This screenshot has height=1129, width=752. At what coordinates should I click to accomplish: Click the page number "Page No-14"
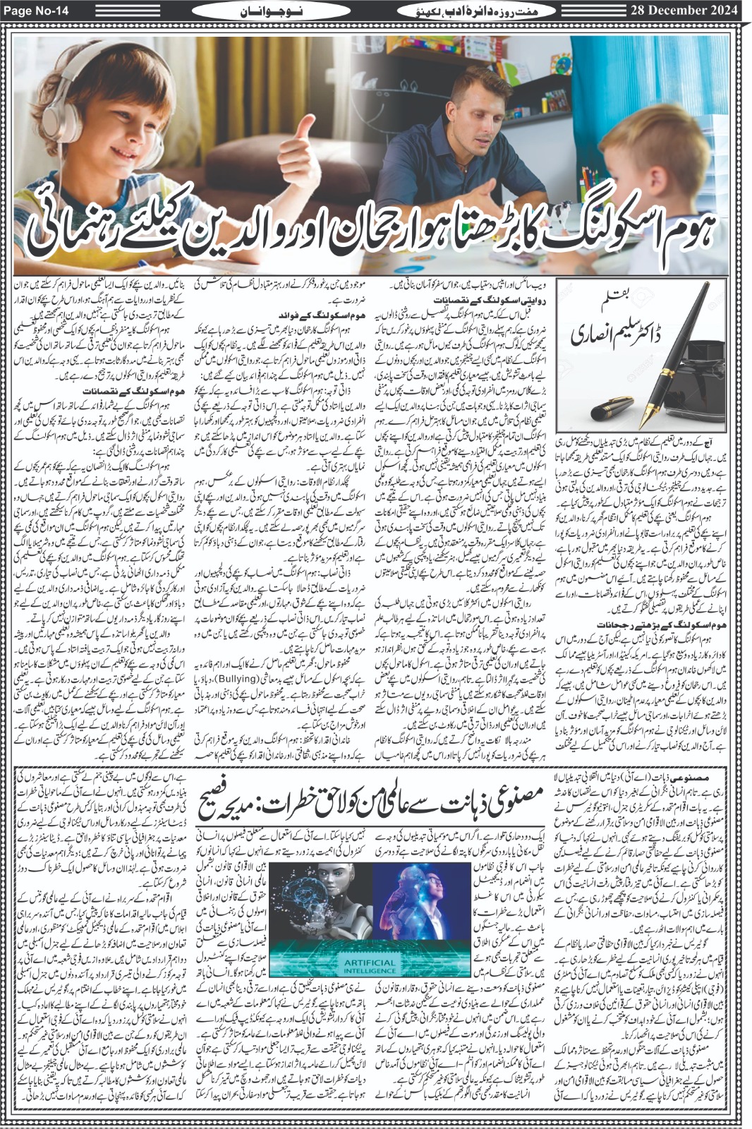pos(35,10)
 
